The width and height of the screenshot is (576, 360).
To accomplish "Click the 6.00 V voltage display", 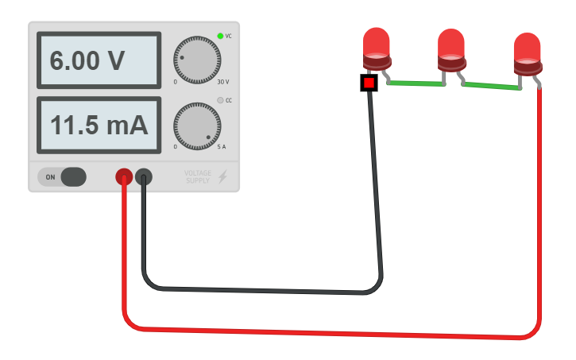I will tap(99, 60).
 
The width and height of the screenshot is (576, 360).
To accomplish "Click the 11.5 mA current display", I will tap(99, 125).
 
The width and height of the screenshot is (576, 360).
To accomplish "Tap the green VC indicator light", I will tap(220, 36).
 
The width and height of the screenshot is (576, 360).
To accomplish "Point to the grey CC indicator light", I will tap(220, 100).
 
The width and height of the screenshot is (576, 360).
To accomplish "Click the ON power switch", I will tap(72, 177).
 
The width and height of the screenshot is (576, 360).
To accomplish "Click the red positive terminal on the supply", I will tap(124, 177).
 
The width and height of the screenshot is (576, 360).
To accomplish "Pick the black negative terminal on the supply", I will tap(144, 177).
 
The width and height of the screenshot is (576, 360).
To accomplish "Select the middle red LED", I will tap(451, 49).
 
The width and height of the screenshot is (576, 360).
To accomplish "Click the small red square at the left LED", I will tap(369, 83).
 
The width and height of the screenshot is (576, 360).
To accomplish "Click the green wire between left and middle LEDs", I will tap(416, 83).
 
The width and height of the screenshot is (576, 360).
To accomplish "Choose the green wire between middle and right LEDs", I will tap(491, 86).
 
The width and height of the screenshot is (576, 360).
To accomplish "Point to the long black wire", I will tap(262, 289).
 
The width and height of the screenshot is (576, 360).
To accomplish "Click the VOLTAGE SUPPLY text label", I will tap(198, 176).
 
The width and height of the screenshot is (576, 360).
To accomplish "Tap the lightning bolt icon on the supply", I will tap(223, 176).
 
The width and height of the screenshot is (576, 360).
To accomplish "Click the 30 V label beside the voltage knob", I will tap(222, 82).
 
